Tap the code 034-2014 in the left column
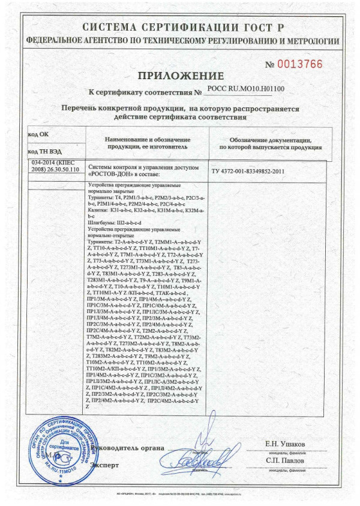(45, 162)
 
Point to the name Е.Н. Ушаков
(285, 444)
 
